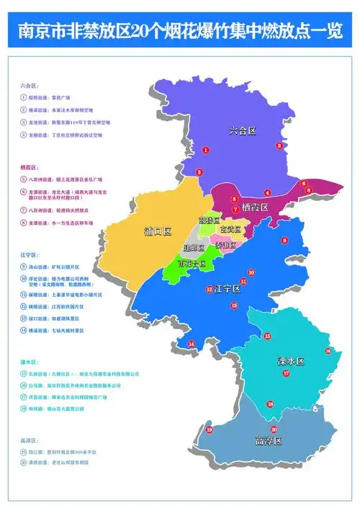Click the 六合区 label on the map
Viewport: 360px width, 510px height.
click(x=243, y=131)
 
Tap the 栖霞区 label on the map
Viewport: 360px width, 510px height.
click(x=255, y=207)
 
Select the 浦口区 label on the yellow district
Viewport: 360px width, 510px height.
click(x=157, y=232)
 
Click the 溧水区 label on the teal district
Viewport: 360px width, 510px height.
click(x=291, y=359)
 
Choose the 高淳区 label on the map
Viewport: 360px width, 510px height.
click(x=268, y=439)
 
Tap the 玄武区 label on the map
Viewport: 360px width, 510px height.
click(x=232, y=230)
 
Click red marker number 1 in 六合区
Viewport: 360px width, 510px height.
click(x=207, y=150)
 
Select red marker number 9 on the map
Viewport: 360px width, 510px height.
click(x=284, y=240)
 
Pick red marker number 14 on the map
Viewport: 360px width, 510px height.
click(x=191, y=344)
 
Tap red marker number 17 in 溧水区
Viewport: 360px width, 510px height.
click(x=286, y=374)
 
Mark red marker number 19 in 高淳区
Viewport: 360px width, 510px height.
click(x=210, y=430)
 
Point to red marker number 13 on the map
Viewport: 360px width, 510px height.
click(x=234, y=305)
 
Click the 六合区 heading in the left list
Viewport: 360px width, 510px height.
click(x=30, y=84)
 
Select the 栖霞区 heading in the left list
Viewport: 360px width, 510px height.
click(x=30, y=166)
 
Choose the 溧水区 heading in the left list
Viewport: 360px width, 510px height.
click(x=30, y=363)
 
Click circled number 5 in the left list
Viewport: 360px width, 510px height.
click(x=24, y=178)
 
